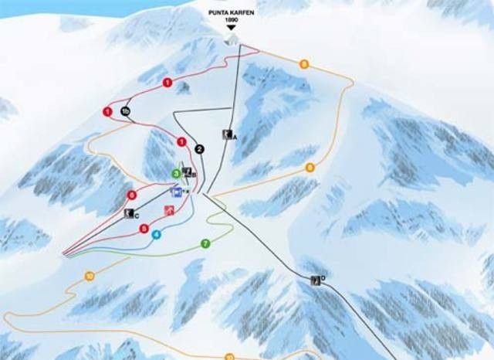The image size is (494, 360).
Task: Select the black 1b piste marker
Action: (x=126, y=113)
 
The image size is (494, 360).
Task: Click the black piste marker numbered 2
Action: (x=199, y=149)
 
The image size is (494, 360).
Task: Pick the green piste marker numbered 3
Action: (x=176, y=174)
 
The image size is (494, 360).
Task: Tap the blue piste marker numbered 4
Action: (x=157, y=234)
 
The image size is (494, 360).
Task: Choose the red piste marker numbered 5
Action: (x=144, y=228)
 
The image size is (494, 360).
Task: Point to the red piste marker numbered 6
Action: (x=132, y=195)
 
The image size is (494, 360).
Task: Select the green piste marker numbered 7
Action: (x=205, y=244)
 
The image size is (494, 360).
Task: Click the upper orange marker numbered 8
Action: (x=304, y=64)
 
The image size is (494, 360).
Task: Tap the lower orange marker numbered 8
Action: (x=310, y=167)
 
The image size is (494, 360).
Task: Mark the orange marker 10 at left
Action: (x=90, y=276)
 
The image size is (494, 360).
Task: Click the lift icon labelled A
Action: (x=227, y=135)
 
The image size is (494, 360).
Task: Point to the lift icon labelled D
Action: (x=315, y=280)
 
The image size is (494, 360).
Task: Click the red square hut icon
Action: (x=168, y=210)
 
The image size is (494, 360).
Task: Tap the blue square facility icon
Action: (x=176, y=192)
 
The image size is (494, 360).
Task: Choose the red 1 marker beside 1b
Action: (x=107, y=112)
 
